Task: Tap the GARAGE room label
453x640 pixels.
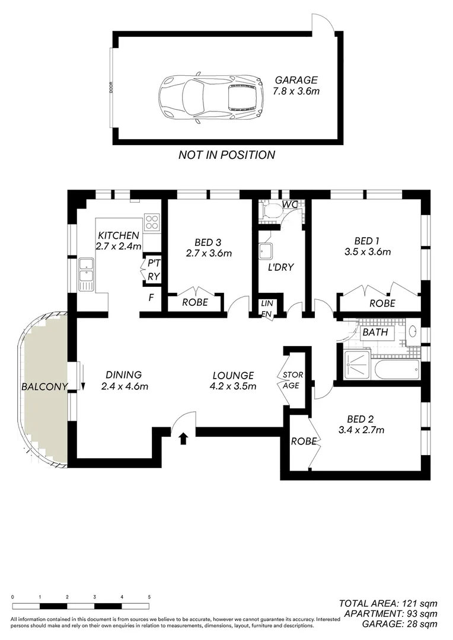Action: click(x=295, y=80)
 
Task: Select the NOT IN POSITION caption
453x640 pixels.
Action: click(x=226, y=155)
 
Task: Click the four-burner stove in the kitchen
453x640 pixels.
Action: click(x=152, y=221)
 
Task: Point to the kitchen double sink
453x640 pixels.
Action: click(x=86, y=273)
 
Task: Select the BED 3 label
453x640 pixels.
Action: click(x=208, y=242)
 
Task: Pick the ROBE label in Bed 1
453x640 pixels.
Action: click(x=382, y=302)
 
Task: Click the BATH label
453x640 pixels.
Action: click(x=375, y=332)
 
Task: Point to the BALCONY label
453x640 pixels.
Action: click(x=43, y=386)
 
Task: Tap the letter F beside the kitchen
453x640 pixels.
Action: click(x=151, y=297)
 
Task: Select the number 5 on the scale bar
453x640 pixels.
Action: click(x=149, y=597)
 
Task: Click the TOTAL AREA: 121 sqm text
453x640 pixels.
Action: click(x=388, y=603)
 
